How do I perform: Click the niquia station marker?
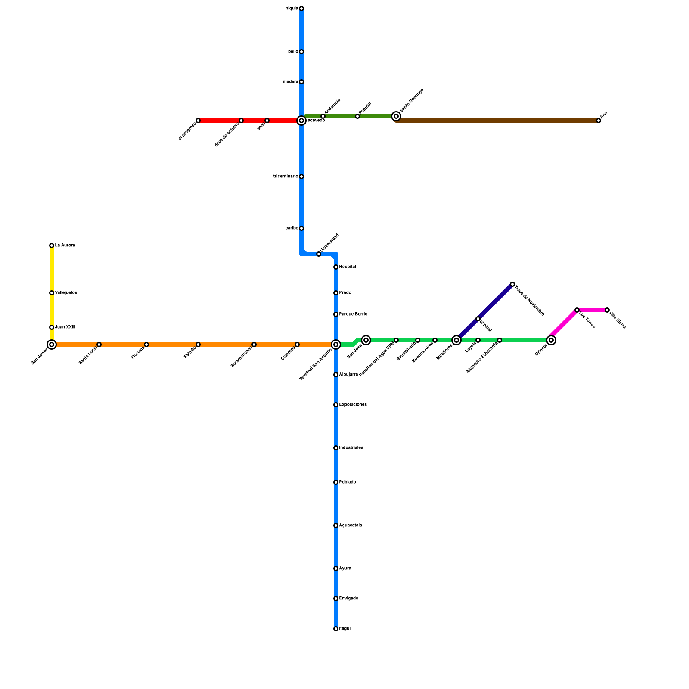(301, 9)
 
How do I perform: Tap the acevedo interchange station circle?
(301, 121)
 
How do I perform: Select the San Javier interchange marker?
(52, 344)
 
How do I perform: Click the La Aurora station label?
(65, 245)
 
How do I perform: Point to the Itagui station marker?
(336, 629)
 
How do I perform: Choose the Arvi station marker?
(599, 121)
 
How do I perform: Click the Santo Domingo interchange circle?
(396, 116)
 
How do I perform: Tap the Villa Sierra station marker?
(607, 310)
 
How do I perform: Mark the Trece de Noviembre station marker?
(512, 284)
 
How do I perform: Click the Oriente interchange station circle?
(551, 340)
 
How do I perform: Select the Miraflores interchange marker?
(456, 340)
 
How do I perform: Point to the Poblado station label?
(348, 482)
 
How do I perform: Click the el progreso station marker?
(198, 121)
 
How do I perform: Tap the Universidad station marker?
(319, 254)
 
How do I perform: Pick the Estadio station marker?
(198, 344)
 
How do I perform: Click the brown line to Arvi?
(495, 121)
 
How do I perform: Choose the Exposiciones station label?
(353, 405)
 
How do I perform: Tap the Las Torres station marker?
(577, 310)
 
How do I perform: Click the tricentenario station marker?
(301, 177)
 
